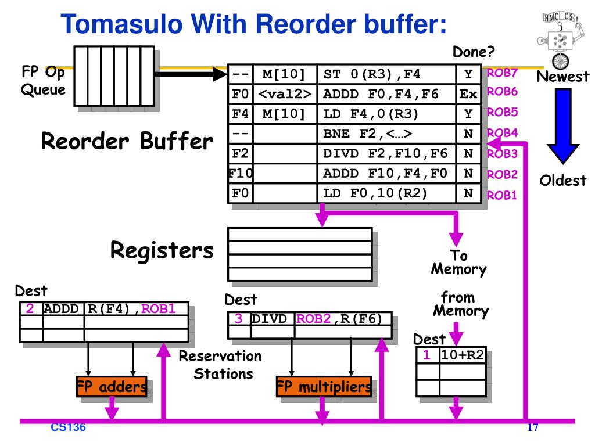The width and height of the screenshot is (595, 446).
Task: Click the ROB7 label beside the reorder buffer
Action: point(502,73)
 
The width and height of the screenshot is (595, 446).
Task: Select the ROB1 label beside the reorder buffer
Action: point(501,195)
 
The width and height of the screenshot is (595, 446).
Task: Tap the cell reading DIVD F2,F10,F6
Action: point(386,153)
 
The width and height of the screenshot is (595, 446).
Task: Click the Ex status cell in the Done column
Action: point(468,93)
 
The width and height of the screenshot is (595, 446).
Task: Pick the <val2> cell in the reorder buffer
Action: point(285,93)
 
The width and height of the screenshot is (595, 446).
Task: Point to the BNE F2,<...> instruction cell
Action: point(386,134)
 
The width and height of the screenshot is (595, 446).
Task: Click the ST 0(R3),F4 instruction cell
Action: point(386,74)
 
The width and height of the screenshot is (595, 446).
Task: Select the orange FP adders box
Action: point(112,386)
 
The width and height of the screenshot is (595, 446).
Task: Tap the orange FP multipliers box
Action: point(324,386)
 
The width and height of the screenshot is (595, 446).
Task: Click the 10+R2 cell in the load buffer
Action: point(463,355)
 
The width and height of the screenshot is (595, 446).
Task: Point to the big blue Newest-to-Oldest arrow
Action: point(563,126)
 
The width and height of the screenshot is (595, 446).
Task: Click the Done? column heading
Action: point(474,52)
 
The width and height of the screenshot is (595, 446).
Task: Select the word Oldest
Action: point(563,181)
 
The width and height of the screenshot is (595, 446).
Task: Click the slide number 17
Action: point(533,427)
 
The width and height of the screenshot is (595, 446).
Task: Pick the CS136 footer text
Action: point(69,427)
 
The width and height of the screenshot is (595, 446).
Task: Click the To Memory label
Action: point(458,262)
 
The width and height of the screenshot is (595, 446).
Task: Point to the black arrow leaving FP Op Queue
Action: point(191,74)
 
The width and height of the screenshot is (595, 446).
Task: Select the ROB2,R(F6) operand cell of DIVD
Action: point(343,319)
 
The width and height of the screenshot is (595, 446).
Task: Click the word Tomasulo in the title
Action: point(122,24)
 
